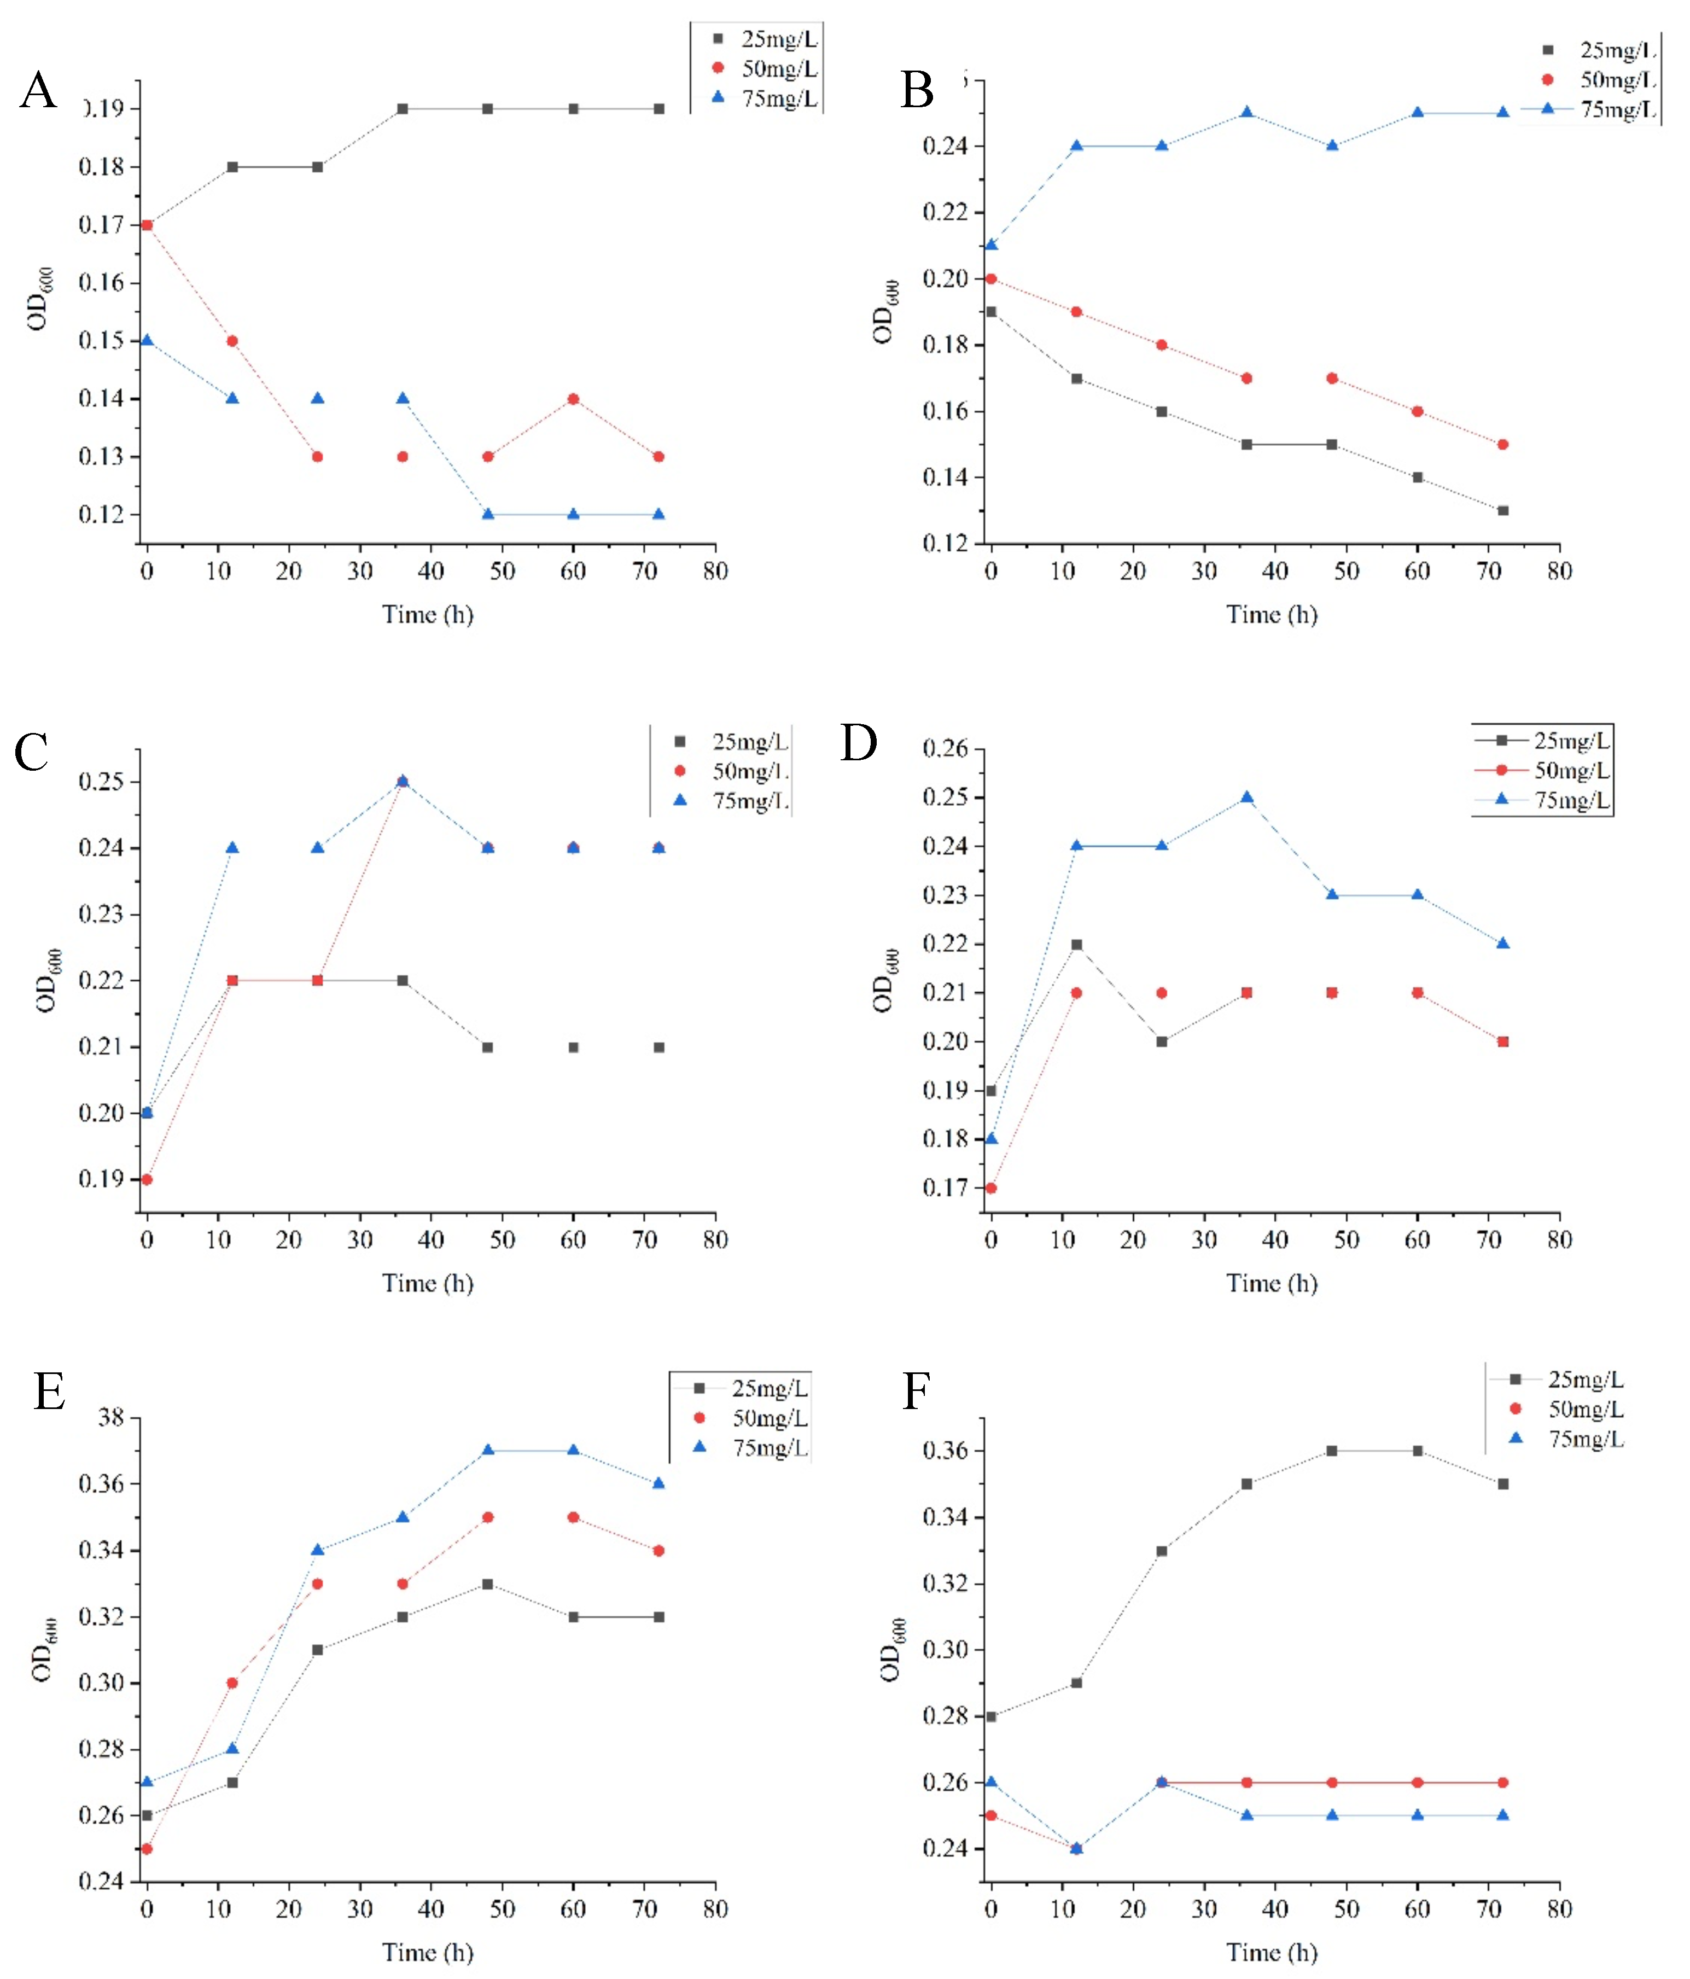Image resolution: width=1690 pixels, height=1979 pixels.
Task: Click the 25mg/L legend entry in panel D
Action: click(1571, 740)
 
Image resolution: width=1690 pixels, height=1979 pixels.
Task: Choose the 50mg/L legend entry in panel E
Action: click(768, 1418)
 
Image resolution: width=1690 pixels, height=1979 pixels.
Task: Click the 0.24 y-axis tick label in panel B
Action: click(945, 146)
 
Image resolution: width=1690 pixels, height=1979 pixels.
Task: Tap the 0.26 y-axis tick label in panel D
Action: click(945, 749)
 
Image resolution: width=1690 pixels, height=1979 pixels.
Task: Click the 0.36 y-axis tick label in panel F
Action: click(945, 1451)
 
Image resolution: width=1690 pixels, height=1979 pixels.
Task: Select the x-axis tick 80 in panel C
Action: click(715, 1239)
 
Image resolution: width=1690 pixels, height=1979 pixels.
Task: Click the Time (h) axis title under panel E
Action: click(428, 1952)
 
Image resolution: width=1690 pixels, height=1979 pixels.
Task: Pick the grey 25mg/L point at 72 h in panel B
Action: click(1503, 510)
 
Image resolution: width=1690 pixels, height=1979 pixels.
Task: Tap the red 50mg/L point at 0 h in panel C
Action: click(147, 1179)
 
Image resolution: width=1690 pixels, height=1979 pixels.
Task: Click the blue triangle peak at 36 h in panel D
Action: click(1247, 798)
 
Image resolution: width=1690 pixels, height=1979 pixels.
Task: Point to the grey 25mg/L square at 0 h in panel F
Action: click(991, 1716)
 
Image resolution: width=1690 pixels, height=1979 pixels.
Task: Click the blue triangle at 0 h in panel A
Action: click(147, 340)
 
